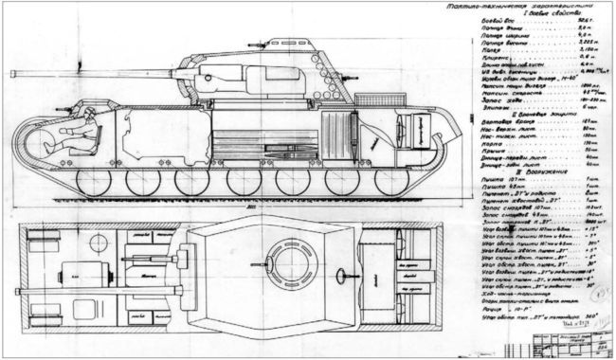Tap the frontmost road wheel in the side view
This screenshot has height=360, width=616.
pos(93,179)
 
